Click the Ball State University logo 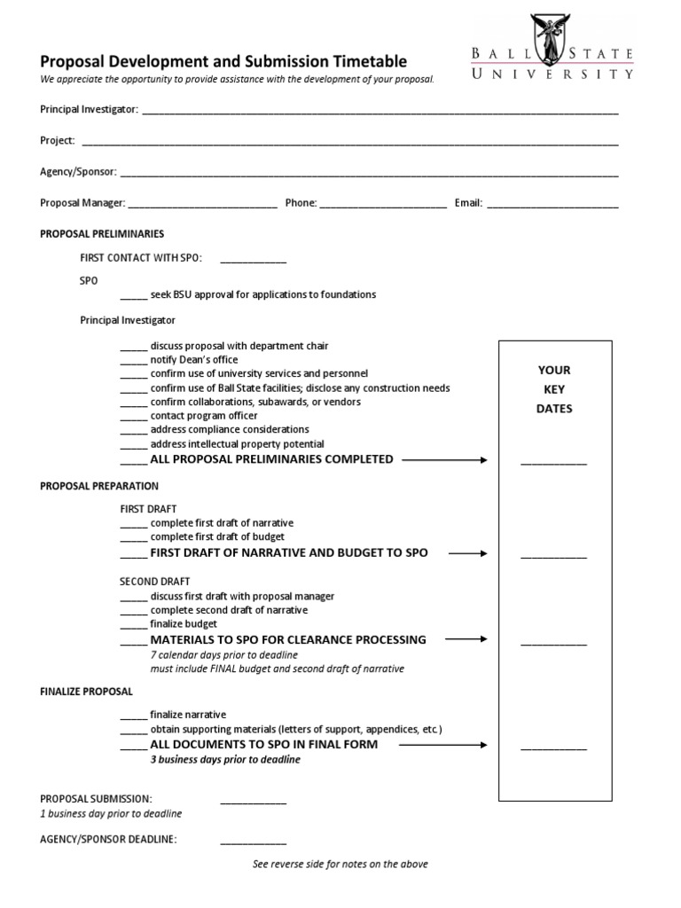(552, 49)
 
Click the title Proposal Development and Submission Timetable (223, 61)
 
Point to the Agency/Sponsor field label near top (77, 172)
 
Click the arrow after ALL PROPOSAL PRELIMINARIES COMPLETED (444, 459)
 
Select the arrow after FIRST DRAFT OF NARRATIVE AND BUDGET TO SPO (467, 553)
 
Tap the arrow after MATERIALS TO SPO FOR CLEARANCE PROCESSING (466, 639)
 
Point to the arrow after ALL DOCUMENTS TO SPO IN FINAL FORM (442, 745)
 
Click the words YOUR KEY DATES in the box (554, 389)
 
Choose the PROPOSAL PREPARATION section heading (99, 486)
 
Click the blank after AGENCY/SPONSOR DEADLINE (253, 841)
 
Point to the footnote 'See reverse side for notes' (340, 864)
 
